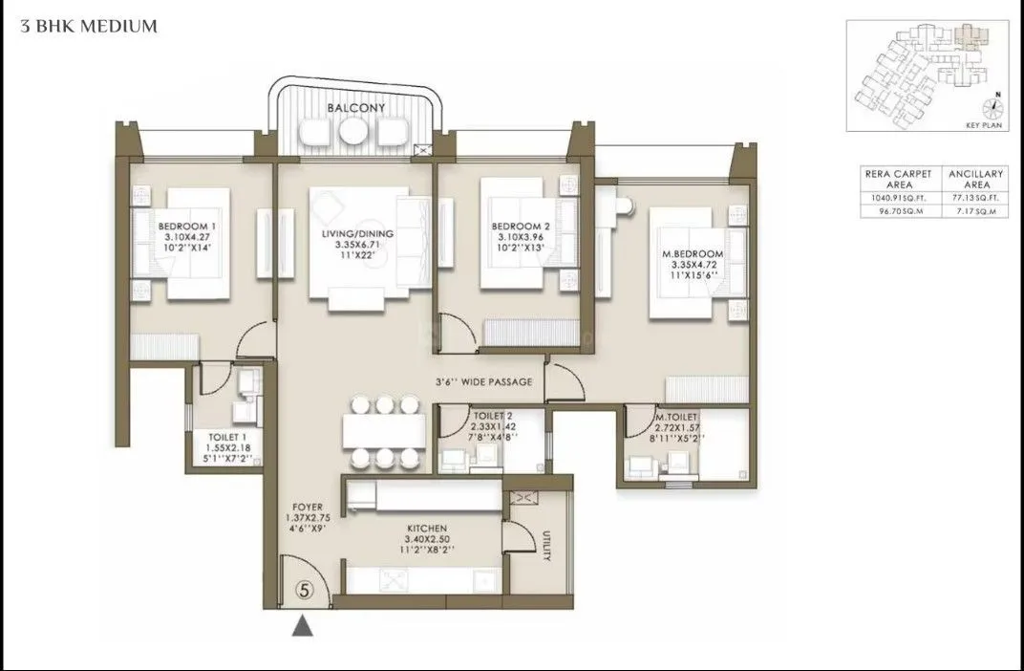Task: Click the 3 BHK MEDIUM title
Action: click(89, 26)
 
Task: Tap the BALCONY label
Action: click(355, 108)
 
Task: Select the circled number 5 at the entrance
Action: click(304, 590)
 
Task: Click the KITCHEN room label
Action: click(425, 528)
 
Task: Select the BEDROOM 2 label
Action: click(516, 227)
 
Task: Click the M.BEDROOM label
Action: click(693, 253)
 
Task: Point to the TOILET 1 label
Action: click(228, 437)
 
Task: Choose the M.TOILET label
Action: click(676, 417)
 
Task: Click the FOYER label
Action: click(309, 508)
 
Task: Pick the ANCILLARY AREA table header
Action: click(974, 179)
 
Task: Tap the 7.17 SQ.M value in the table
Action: click(974, 211)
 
